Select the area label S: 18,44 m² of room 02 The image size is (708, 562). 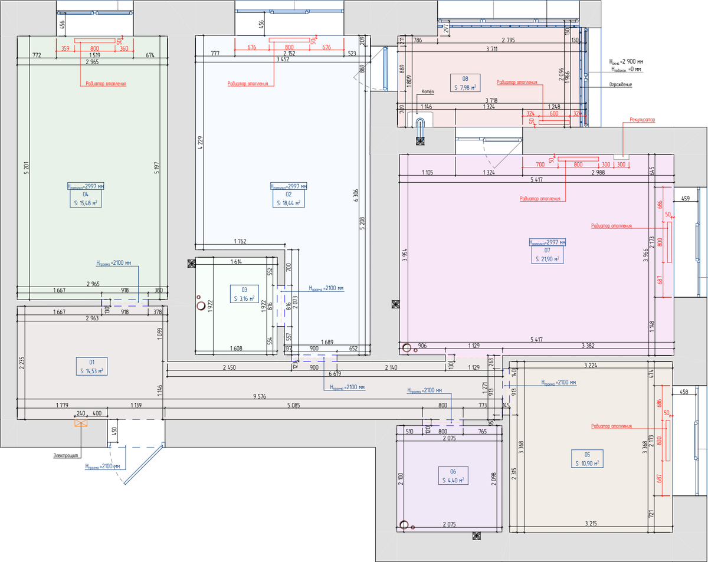tap(289, 203)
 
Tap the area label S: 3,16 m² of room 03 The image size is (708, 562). tap(244, 299)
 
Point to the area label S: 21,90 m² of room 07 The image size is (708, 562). tap(548, 259)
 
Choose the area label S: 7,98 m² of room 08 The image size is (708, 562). tap(465, 88)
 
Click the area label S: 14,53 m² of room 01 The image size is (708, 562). tap(92, 371)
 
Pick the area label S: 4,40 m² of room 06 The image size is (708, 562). tap(453, 481)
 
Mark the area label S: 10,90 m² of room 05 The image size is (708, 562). tap(587, 464)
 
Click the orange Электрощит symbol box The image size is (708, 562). tap(80, 422)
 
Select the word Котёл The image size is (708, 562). tap(428, 92)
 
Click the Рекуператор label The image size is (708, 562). tap(642, 120)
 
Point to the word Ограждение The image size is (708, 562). tap(621, 85)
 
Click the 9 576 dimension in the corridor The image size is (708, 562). tap(258, 397)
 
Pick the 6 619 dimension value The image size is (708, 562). tap(335, 373)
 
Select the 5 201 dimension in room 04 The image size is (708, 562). tap(26, 169)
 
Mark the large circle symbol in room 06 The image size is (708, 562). tap(404, 524)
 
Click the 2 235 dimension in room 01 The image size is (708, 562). tap(21, 363)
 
